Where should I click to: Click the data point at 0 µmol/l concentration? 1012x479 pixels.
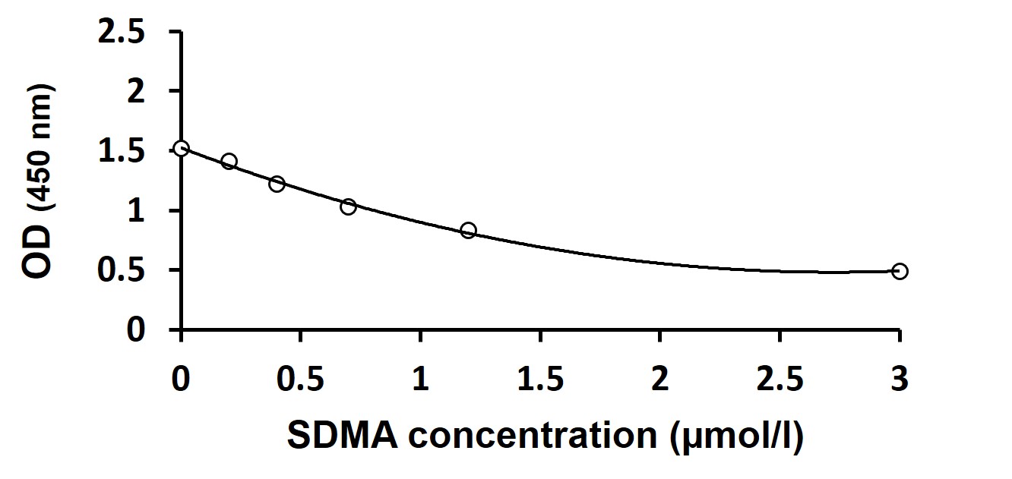coord(181,148)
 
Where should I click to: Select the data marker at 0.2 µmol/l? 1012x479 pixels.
coord(229,161)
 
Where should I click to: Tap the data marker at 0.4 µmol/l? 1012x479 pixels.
coord(277,184)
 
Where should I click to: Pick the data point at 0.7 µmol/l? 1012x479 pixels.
coord(348,206)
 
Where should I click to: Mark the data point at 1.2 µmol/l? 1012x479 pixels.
coord(468,230)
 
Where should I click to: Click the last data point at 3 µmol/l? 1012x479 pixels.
coord(900,271)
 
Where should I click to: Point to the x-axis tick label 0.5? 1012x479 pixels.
coord(300,379)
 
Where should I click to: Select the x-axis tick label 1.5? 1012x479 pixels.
coord(539,379)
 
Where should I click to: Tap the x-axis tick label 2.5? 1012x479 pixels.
coord(780,379)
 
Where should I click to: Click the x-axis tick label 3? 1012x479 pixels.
coord(900,379)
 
